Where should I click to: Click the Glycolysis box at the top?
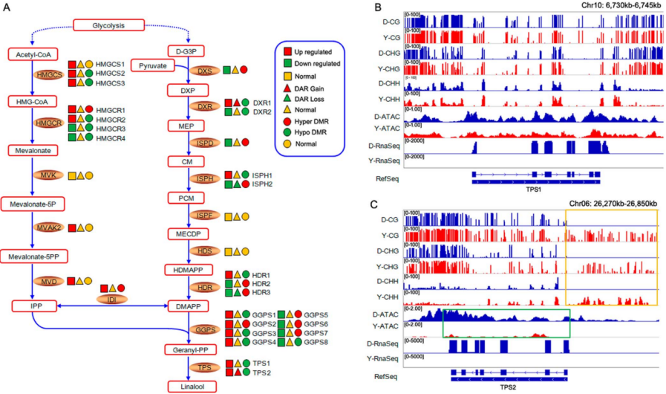(x=108, y=26)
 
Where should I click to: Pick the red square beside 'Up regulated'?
(x=288, y=51)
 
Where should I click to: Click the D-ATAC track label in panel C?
(x=385, y=314)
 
